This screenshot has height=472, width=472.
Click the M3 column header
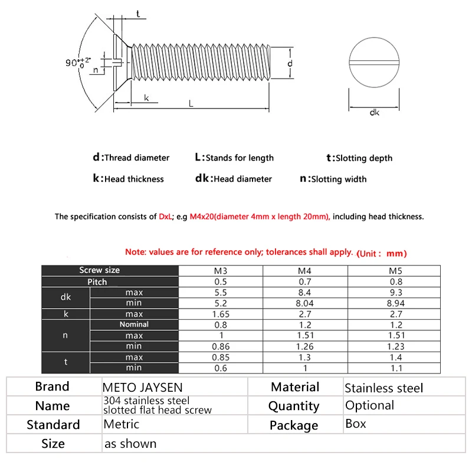pyautogui.click(x=220, y=271)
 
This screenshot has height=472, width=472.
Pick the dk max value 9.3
pyautogui.click(x=396, y=292)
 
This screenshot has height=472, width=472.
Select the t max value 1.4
pyautogui.click(x=396, y=357)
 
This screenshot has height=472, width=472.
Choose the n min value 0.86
pyautogui.click(x=220, y=346)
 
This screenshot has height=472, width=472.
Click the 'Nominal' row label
pyautogui.click(x=134, y=324)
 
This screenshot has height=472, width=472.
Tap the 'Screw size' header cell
pyautogui.click(x=99, y=270)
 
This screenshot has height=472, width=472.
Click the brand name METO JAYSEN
pyautogui.click(x=143, y=388)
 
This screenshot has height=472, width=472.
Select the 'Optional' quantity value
pyautogui.click(x=369, y=405)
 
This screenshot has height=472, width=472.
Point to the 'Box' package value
pyautogui.click(x=355, y=424)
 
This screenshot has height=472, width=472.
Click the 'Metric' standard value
pyautogui.click(x=121, y=424)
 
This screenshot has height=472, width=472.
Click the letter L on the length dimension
pyautogui.click(x=191, y=103)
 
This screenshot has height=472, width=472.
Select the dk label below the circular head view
pyautogui.click(x=374, y=112)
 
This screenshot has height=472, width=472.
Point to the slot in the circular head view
pyautogui.click(x=375, y=62)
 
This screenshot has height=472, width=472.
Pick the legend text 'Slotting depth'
pyautogui.click(x=363, y=158)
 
